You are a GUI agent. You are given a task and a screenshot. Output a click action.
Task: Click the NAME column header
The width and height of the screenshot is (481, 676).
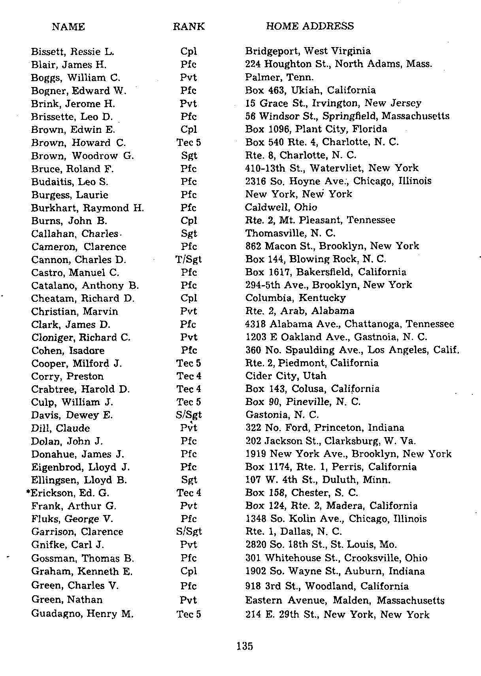pyautogui.click(x=68, y=27)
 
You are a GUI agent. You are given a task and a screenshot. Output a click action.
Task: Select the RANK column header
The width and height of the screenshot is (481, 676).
pyautogui.click(x=189, y=27)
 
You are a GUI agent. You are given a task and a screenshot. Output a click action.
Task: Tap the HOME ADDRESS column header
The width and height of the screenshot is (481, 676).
pyautogui.click(x=310, y=26)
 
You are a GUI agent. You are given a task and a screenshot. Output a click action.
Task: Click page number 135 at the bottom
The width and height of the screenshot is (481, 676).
pyautogui.click(x=245, y=646)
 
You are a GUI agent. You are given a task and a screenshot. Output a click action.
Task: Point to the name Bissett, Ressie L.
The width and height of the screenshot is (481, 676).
pyautogui.click(x=72, y=51)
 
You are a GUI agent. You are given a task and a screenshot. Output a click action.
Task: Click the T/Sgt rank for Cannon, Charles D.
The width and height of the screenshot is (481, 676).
pyautogui.click(x=189, y=259)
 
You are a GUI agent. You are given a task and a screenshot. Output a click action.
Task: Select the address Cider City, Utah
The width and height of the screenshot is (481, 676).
pyautogui.click(x=286, y=376)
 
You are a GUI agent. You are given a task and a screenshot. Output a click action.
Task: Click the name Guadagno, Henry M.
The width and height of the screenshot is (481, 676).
pyautogui.click(x=82, y=614)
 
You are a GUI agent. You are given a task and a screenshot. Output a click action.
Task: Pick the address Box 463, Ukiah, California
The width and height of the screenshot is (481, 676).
pyautogui.click(x=310, y=90)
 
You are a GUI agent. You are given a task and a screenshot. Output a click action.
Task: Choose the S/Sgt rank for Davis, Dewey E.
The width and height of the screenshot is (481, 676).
pyautogui.click(x=189, y=415)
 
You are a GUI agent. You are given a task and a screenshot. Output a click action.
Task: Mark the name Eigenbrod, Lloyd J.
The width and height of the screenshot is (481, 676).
pyautogui.click(x=80, y=467)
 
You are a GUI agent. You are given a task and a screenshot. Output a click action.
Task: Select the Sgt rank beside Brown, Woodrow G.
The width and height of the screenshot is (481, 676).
pyautogui.click(x=189, y=156)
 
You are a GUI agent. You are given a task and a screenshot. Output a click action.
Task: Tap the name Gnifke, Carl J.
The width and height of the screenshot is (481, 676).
pyautogui.click(x=68, y=545)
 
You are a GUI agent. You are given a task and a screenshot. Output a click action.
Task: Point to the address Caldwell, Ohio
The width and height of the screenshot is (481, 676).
pyautogui.click(x=281, y=207)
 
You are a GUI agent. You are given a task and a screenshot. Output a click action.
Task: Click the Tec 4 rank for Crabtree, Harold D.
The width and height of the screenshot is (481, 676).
pyautogui.click(x=189, y=389)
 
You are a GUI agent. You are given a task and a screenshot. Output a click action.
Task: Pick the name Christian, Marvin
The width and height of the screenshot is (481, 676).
pyautogui.click(x=74, y=311)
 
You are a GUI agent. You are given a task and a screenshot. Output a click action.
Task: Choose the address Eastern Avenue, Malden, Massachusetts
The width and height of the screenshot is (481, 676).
pyautogui.click(x=345, y=600)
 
